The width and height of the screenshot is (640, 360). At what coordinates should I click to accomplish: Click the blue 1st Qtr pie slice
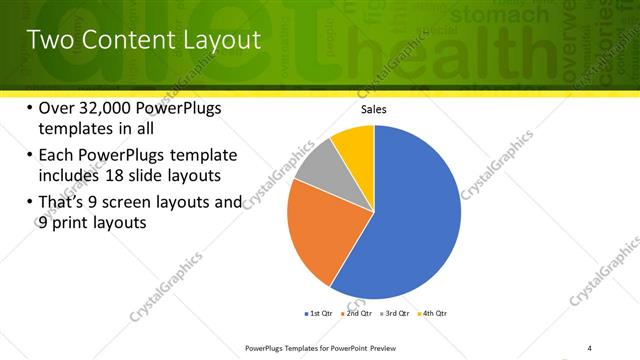(x=410, y=215)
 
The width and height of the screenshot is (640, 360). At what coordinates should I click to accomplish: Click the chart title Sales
(x=374, y=110)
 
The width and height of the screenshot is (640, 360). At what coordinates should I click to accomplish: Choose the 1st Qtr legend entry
(x=318, y=315)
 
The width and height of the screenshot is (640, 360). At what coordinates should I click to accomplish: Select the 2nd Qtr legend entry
(x=357, y=315)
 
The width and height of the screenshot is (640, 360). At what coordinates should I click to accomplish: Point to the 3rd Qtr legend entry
(x=395, y=315)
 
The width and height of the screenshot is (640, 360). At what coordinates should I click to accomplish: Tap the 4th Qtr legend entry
(x=433, y=315)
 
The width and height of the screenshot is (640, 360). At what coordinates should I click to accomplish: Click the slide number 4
(x=590, y=348)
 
